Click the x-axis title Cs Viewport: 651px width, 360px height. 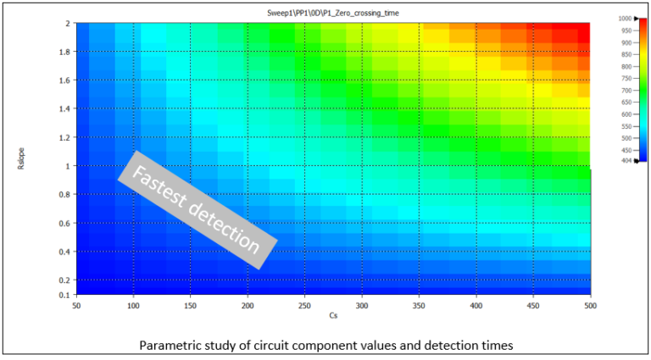coord(333,315)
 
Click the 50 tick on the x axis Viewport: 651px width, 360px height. coord(76,304)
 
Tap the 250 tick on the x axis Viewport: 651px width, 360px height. coord(305,304)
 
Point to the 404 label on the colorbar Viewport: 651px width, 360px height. coord(626,160)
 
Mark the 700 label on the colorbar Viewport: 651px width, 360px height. coord(626,90)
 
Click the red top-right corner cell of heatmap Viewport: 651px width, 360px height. coord(582,29)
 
